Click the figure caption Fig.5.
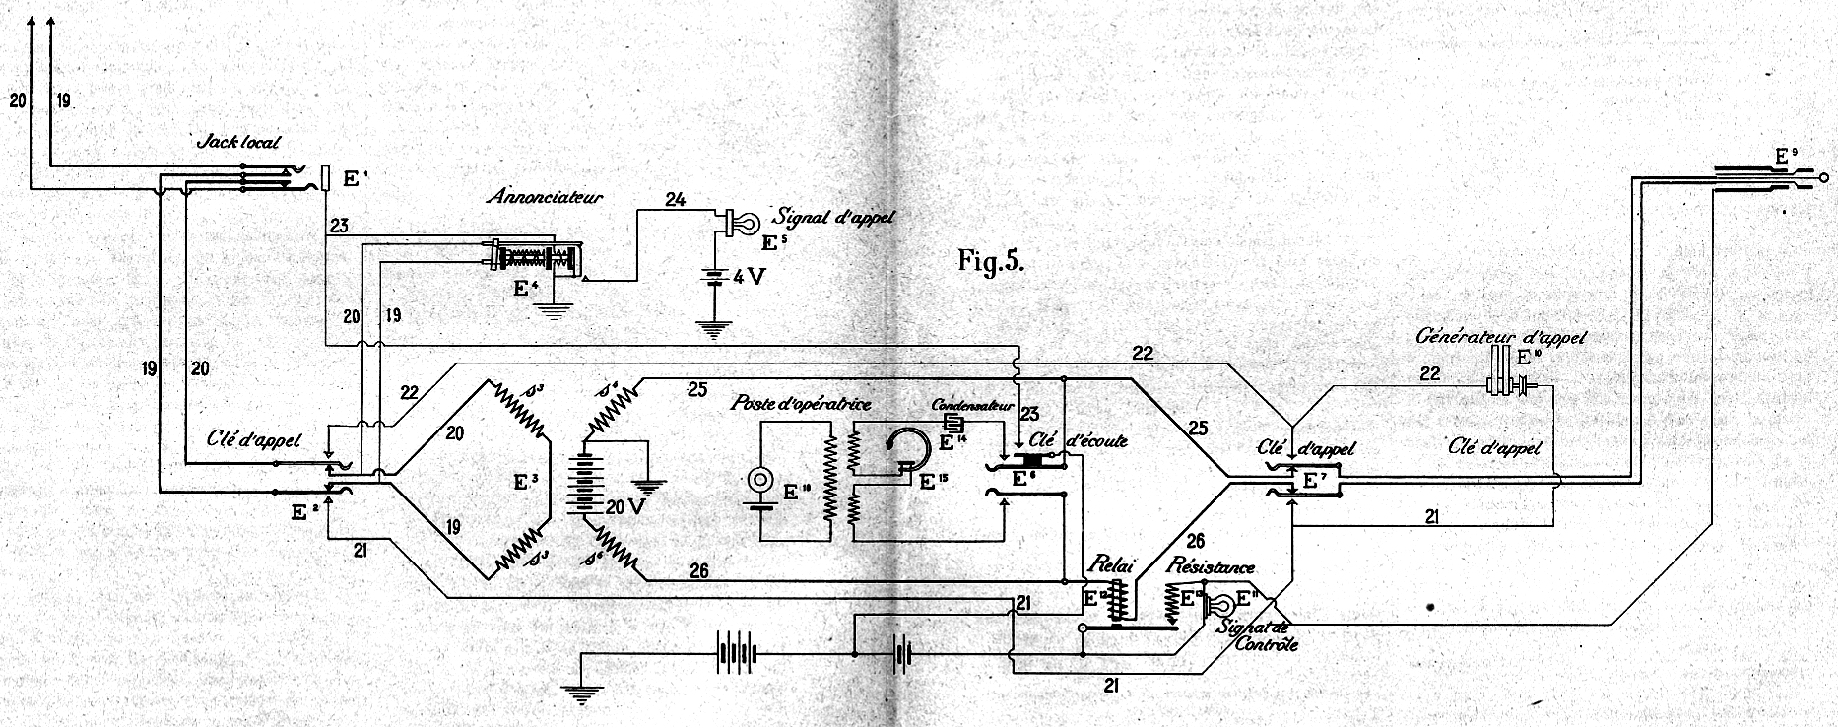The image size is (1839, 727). click(991, 261)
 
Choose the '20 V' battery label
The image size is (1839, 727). click(624, 507)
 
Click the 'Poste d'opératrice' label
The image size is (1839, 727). click(801, 404)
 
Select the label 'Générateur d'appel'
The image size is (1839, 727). click(1501, 336)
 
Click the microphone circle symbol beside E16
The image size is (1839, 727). click(759, 481)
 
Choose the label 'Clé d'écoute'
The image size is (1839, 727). click(1079, 441)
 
